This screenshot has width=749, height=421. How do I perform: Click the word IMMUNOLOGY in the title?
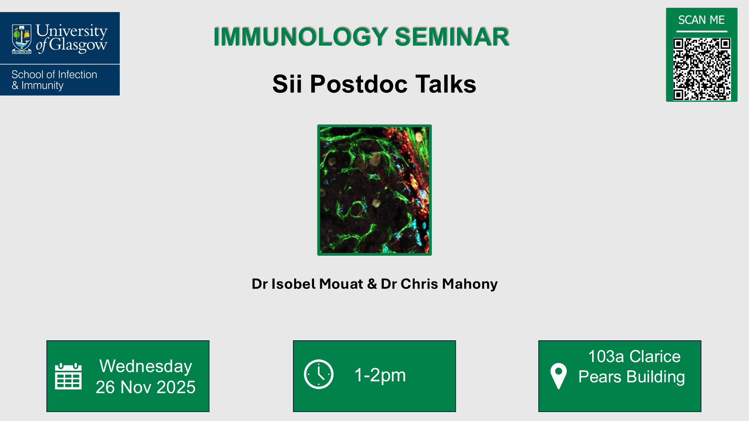click(x=300, y=37)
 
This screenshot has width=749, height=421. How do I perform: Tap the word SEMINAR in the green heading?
click(x=452, y=37)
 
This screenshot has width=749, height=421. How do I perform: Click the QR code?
click(x=701, y=69)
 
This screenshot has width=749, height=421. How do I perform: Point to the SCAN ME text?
click(x=701, y=20)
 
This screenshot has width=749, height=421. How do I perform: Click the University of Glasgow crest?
click(x=21, y=39)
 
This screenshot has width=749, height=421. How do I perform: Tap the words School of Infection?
click(x=54, y=74)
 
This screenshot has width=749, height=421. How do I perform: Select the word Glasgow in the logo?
click(x=78, y=45)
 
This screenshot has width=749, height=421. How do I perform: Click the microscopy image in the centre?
click(x=374, y=190)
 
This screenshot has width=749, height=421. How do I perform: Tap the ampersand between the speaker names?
click(x=372, y=284)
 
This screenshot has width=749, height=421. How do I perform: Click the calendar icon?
click(x=68, y=376)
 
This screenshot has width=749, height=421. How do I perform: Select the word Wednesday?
click(x=146, y=366)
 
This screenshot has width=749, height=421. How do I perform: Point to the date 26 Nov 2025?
click(x=146, y=387)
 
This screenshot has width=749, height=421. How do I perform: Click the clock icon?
click(x=318, y=374)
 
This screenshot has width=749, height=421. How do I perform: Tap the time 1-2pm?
click(x=380, y=375)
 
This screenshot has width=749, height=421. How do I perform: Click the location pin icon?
click(x=558, y=375)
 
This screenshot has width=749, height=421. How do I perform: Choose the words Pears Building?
click(x=631, y=377)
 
